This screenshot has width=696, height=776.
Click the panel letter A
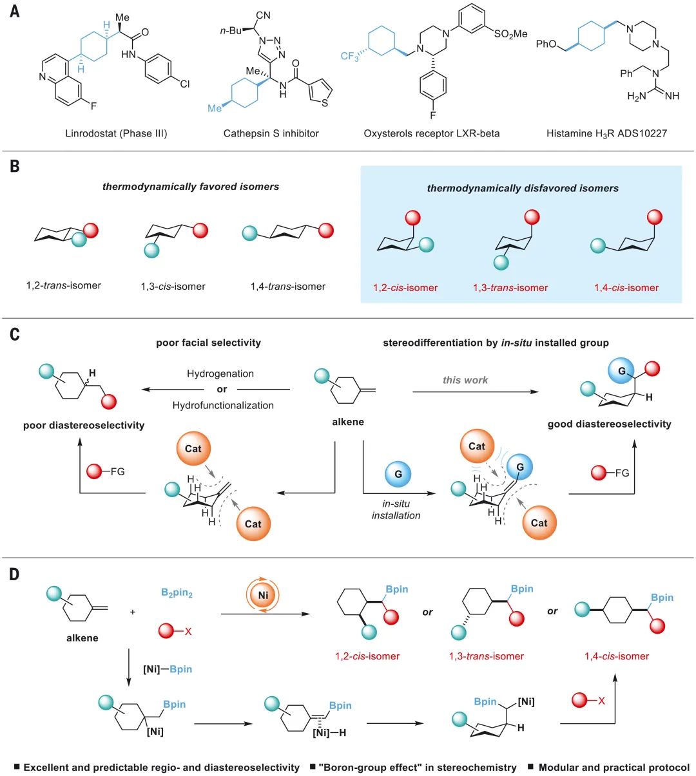click(x=14, y=11)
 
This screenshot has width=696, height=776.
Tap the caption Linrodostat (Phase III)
click(x=116, y=133)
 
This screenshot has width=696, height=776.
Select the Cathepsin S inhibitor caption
click(x=271, y=133)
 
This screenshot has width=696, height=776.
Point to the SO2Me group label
click(x=510, y=34)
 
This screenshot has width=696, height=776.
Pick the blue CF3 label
click(x=350, y=57)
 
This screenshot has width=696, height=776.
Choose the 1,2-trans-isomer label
click(x=64, y=285)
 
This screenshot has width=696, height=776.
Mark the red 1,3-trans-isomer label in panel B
click(x=510, y=288)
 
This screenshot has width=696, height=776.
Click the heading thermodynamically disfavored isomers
click(x=523, y=188)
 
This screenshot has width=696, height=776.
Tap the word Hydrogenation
click(x=220, y=374)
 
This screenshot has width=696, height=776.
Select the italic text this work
click(x=465, y=380)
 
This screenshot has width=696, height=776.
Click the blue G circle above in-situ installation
click(x=398, y=475)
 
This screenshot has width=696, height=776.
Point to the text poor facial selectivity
click(x=208, y=343)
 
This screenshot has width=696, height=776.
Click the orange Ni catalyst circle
click(x=263, y=595)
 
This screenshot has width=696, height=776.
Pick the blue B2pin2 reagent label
click(x=177, y=593)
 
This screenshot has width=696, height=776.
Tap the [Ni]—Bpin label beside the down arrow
click(x=168, y=669)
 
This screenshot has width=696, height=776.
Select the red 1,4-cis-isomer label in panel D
click(x=617, y=656)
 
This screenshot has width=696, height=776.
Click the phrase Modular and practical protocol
click(x=614, y=767)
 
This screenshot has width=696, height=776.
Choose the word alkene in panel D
click(x=82, y=638)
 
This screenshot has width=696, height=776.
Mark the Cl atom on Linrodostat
click(x=185, y=84)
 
